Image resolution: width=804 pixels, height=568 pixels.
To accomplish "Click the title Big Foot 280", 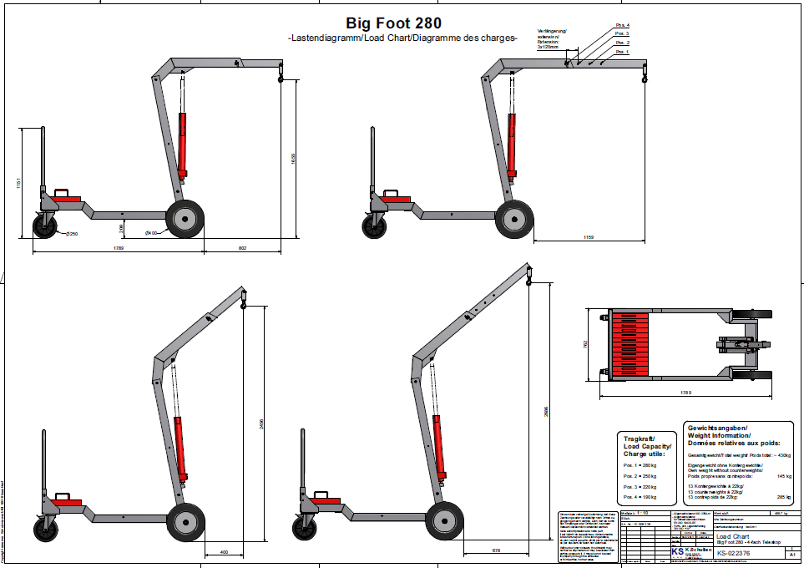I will (393, 23).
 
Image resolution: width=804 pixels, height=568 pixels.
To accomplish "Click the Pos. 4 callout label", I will (622, 26).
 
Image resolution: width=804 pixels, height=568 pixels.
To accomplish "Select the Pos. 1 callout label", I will (622, 52).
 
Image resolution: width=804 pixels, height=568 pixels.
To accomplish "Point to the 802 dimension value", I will (243, 247).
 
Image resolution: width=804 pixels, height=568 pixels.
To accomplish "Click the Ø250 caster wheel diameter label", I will (72, 234).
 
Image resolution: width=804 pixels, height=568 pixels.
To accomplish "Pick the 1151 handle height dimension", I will (19, 183).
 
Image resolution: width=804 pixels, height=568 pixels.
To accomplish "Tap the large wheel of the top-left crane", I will (185, 219).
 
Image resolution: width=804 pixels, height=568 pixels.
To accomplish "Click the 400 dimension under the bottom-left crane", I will (223, 551).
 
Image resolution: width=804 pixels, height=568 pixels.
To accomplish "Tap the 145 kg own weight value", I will (783, 476).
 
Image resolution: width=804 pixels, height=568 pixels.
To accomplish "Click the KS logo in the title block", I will (678, 552).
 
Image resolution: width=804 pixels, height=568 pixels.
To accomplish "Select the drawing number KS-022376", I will (733, 553).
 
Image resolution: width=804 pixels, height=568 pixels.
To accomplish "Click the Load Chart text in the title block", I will (732, 537).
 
